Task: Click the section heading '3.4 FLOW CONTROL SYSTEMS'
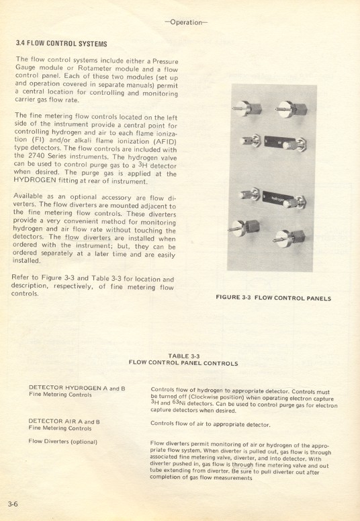61,44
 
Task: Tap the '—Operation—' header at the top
190,22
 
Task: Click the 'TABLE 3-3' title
183,356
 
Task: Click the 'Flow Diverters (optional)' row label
62,442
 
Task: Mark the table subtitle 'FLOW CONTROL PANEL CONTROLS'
183,363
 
